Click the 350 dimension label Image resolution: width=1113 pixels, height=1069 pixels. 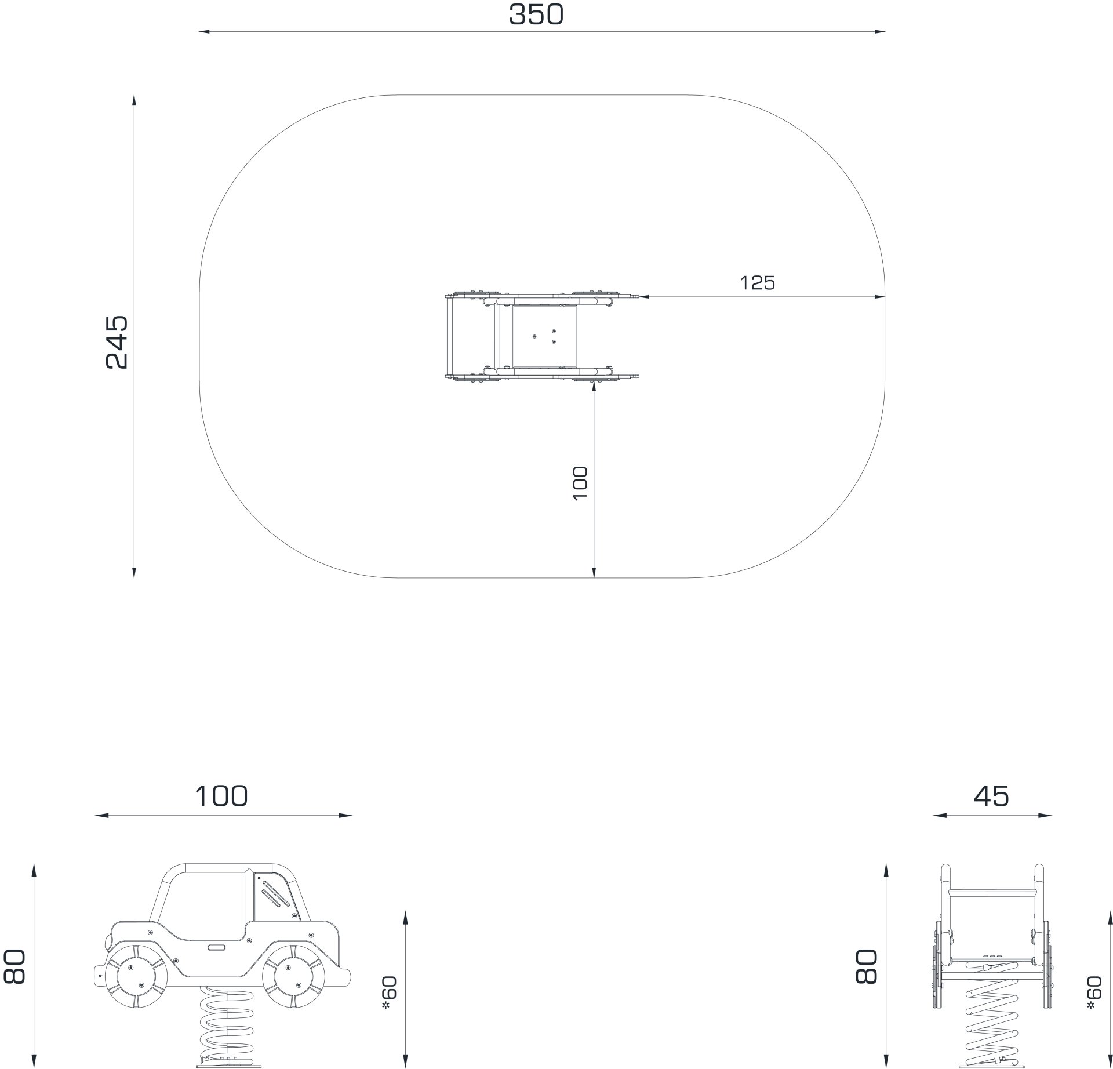[x=536, y=15]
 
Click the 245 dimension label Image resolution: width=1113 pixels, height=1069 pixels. [x=117, y=342]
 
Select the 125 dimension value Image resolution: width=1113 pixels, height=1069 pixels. [x=757, y=283]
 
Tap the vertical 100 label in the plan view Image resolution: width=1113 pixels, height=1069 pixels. [x=580, y=483]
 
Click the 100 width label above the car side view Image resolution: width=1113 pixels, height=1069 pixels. [x=221, y=797]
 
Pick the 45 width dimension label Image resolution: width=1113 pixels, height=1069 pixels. [x=991, y=797]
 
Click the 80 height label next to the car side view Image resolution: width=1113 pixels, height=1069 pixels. [x=14, y=967]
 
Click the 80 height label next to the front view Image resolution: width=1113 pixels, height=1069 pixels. [x=867, y=967]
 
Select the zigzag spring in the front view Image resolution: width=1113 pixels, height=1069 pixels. [x=993, y=1026]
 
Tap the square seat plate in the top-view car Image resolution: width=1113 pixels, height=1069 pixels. [x=544, y=336]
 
